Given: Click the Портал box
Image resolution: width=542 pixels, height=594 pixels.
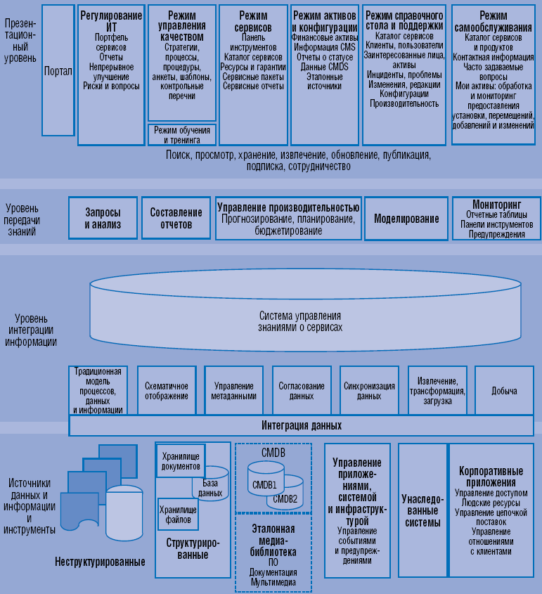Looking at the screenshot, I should click(x=58, y=71).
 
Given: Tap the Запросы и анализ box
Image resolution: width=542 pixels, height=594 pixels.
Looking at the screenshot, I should click(x=103, y=219).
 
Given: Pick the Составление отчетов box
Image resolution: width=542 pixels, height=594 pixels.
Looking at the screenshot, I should click(x=176, y=219).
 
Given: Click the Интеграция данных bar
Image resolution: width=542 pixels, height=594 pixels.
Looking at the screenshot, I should click(x=302, y=425).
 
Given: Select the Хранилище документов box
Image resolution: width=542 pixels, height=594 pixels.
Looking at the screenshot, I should click(x=181, y=460).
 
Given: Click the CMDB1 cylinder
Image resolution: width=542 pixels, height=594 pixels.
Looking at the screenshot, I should click(x=264, y=484).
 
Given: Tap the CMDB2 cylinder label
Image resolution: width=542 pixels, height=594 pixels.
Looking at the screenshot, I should click(x=285, y=498).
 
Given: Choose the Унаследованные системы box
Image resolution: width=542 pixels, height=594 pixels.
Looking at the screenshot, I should click(x=422, y=510).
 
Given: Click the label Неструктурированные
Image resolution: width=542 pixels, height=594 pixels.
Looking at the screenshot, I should click(x=100, y=562).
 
